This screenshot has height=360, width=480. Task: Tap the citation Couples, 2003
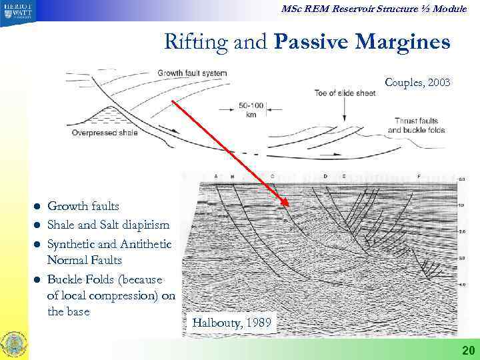click(417, 83)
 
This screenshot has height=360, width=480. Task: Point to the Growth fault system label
click(193, 73)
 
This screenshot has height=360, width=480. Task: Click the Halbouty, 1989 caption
click(231, 323)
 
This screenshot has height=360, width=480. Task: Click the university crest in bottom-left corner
click(15, 343)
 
